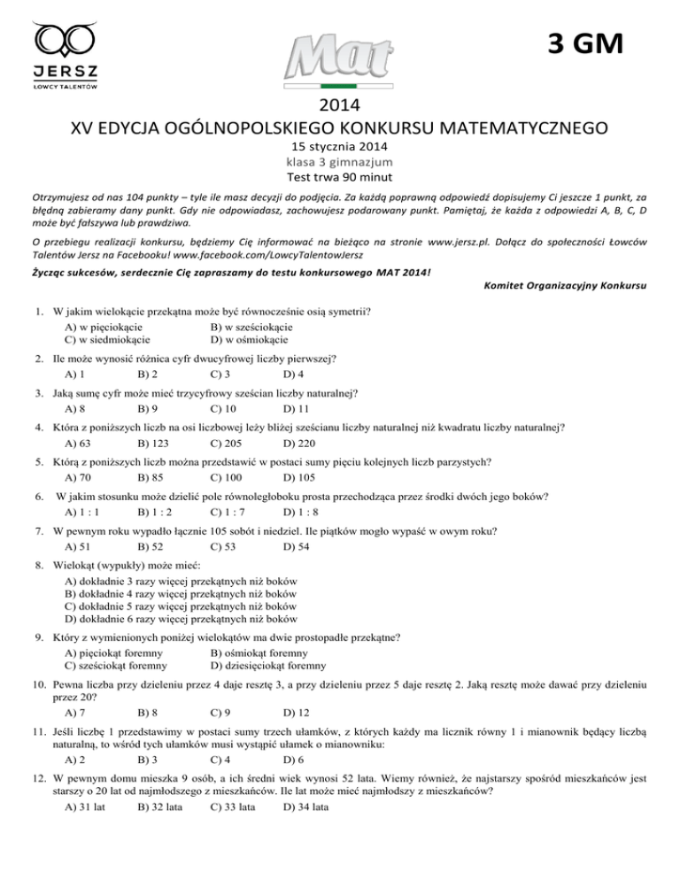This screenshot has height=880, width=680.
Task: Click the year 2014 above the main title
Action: click(x=339, y=105)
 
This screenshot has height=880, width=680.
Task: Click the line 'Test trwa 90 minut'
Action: click(x=339, y=177)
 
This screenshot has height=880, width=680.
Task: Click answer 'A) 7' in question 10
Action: click(x=75, y=713)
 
